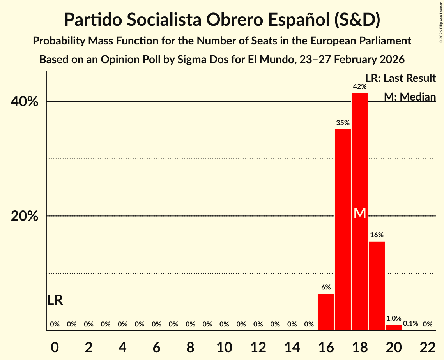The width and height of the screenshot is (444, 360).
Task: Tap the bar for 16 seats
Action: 326,312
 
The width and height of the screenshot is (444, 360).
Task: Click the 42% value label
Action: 359,86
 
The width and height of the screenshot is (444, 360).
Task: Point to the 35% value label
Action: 343,123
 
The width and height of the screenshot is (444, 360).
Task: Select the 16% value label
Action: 377,235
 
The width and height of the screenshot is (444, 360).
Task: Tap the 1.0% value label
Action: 393,318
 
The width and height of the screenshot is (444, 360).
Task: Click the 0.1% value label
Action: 410,324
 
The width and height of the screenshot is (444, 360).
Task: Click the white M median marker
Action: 360,213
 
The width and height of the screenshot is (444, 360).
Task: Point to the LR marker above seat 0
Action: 55,300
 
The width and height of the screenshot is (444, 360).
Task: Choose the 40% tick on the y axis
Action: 25,102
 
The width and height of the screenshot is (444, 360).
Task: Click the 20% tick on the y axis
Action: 25,216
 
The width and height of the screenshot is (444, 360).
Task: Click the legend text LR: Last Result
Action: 400,78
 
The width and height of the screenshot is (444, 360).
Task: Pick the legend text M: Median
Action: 410,97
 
